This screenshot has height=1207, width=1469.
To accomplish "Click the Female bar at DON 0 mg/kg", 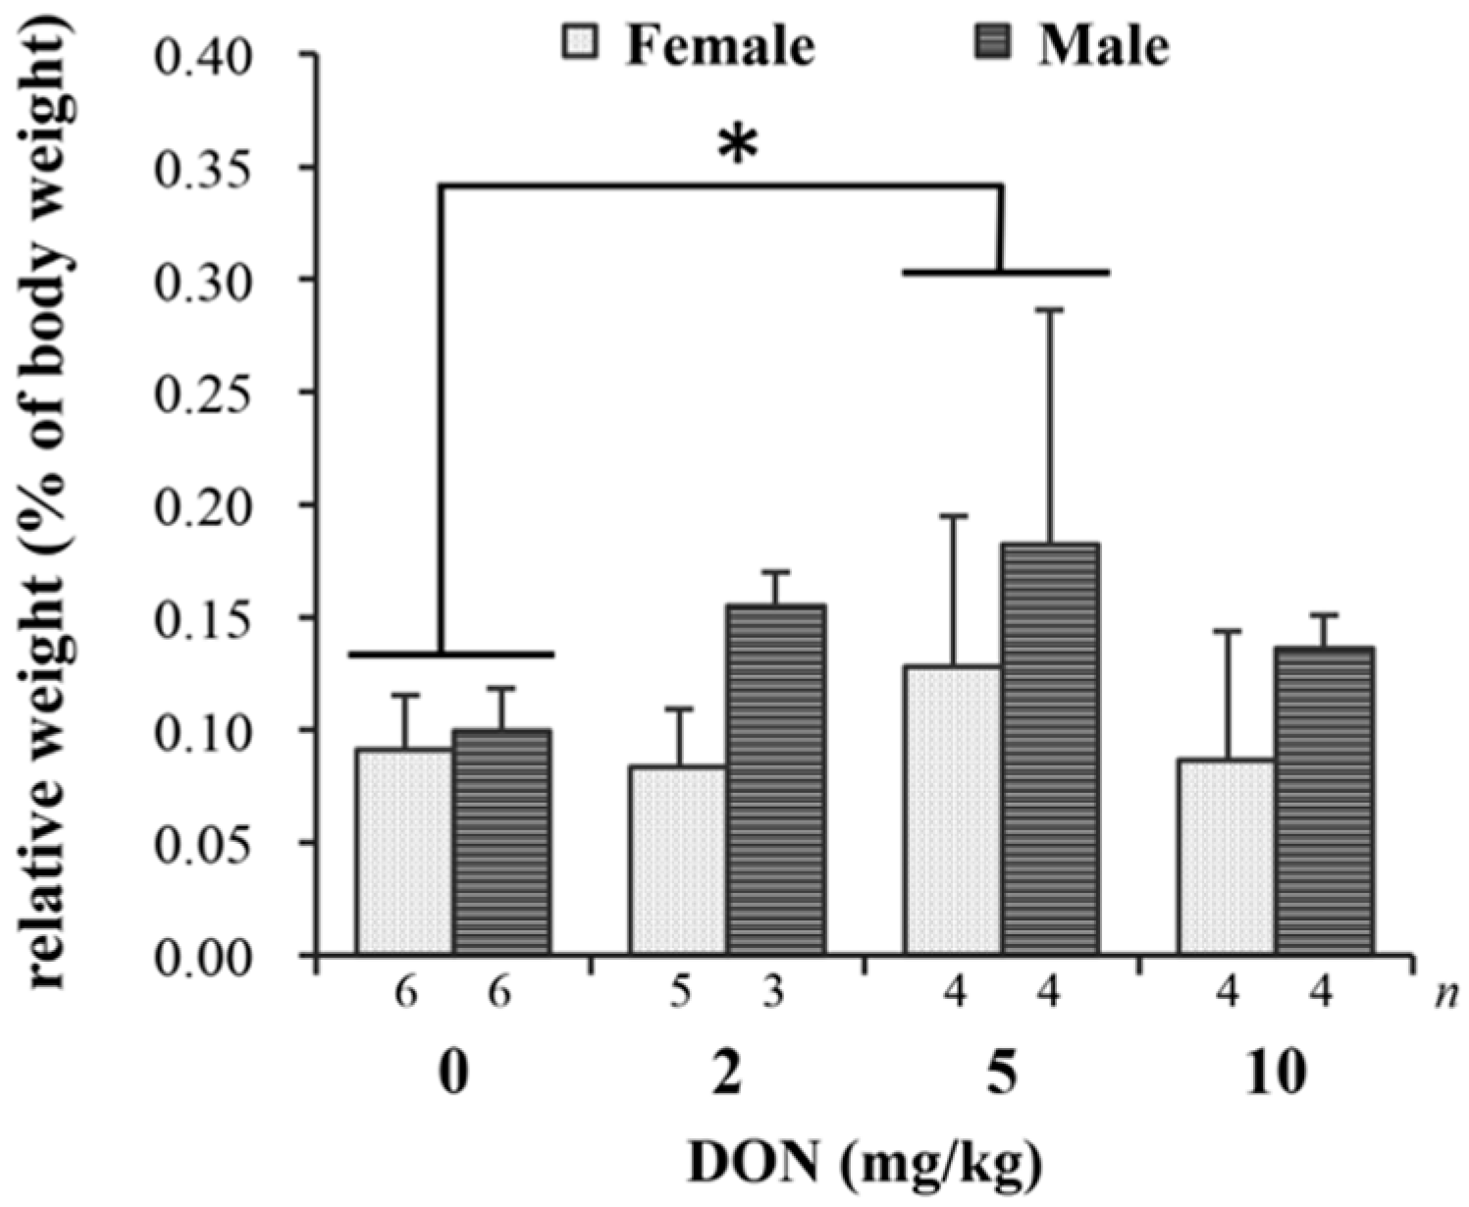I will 404,851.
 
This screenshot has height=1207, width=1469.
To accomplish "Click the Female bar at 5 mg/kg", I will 952,810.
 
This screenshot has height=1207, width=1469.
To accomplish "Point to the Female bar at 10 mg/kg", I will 1226,856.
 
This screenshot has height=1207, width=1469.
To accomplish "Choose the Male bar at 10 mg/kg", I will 1323,800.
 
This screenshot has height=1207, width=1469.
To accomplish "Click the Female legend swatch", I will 579,43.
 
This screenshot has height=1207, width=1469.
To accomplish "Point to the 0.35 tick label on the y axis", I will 204,168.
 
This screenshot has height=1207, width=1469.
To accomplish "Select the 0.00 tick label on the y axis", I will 204,956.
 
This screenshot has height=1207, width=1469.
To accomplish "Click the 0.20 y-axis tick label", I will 204,505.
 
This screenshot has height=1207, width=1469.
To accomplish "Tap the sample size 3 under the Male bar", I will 773,995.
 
